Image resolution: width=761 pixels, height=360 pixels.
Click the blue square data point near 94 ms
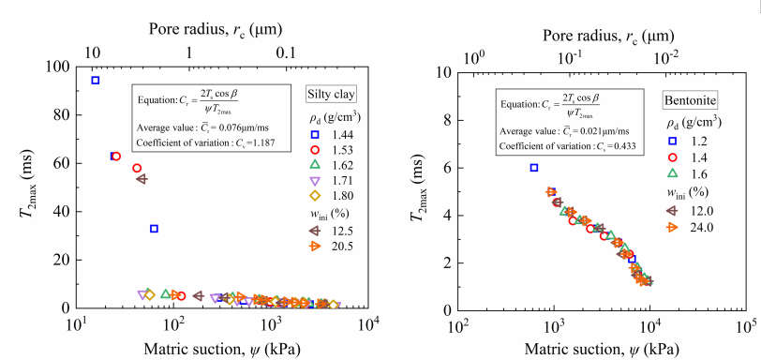(96, 80)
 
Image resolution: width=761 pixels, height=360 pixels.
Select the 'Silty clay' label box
(332, 95)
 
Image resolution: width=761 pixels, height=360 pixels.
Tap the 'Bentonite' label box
(691, 101)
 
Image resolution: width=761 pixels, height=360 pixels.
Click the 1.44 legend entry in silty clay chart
(330, 135)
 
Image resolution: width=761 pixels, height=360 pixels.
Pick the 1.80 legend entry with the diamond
(330, 196)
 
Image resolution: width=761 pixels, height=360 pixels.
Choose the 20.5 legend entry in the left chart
(330, 247)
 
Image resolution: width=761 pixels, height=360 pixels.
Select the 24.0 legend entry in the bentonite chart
(689, 227)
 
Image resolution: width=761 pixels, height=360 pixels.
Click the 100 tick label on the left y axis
(58, 67)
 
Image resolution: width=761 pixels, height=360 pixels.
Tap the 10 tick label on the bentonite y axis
(442, 73)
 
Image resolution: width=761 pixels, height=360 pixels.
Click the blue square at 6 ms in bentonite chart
(534, 168)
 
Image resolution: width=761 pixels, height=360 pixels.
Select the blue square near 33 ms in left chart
(154, 229)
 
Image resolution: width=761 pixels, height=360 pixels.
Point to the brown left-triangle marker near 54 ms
(142, 179)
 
